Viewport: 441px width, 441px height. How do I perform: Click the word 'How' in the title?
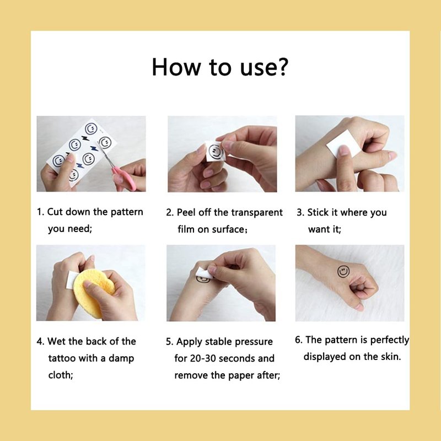click(x=176, y=67)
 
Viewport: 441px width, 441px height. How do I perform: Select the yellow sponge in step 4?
click(x=93, y=293)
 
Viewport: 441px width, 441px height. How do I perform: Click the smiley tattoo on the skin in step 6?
click(x=343, y=271)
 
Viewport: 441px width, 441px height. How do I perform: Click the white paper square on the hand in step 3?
click(x=343, y=144)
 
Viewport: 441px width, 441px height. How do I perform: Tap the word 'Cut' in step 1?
click(x=55, y=212)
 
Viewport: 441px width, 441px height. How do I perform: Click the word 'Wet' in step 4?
click(x=57, y=341)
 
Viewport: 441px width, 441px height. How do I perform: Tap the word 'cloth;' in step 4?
click(x=61, y=375)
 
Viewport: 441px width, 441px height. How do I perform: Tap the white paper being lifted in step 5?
click(x=204, y=273)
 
